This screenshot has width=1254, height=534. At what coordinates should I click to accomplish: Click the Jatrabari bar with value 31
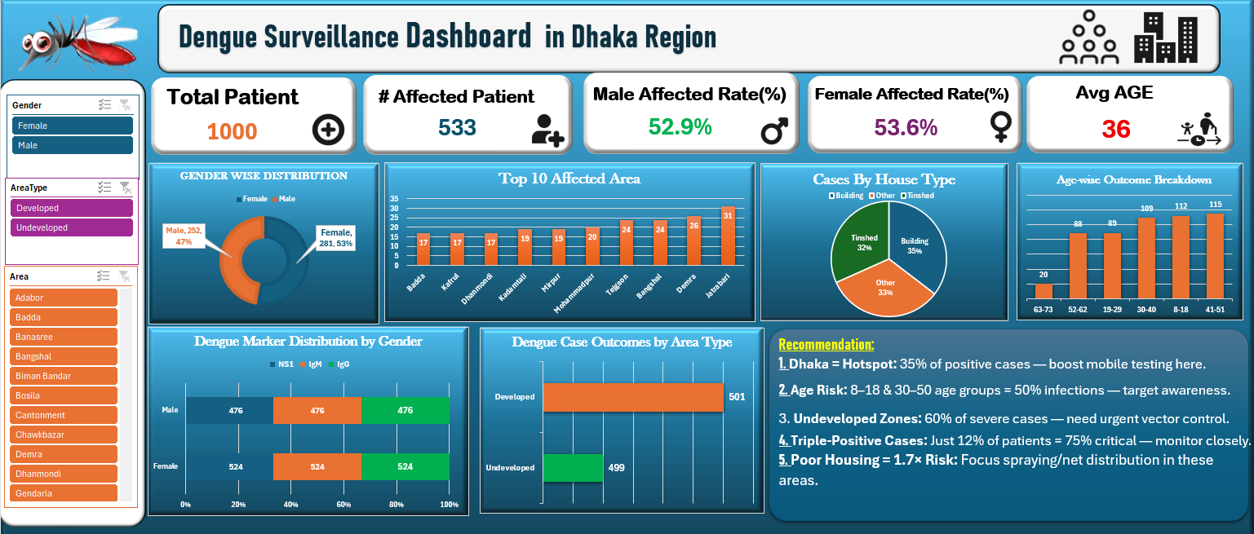pyautogui.click(x=728, y=236)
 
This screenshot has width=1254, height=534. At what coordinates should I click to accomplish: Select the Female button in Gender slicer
pyautogui.click(x=73, y=126)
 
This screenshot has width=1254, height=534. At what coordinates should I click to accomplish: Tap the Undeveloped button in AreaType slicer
pyautogui.click(x=72, y=227)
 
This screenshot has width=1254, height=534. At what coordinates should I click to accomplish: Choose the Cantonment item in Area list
pyautogui.click(x=64, y=415)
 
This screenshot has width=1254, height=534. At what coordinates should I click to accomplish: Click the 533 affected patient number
pyautogui.click(x=457, y=128)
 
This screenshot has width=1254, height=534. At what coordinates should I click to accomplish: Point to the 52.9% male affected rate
pyautogui.click(x=680, y=127)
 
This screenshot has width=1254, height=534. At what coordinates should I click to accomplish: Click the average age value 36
pyautogui.click(x=1115, y=129)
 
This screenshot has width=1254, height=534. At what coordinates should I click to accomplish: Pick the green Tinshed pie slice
pyautogui.click(x=860, y=241)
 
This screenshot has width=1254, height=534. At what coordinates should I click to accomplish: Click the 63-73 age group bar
pyautogui.click(x=1044, y=290)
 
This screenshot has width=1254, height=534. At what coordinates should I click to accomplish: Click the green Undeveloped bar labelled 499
pyautogui.click(x=573, y=467)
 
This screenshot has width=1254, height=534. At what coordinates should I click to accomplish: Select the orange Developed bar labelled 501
pyautogui.click(x=633, y=397)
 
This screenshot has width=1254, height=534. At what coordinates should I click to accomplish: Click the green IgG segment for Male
pyautogui.click(x=405, y=411)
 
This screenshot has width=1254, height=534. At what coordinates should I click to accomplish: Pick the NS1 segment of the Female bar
pyautogui.click(x=229, y=466)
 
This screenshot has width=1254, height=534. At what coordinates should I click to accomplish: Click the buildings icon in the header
pyautogui.click(x=1165, y=38)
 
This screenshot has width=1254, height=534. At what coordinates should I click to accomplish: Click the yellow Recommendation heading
pyautogui.click(x=826, y=345)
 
